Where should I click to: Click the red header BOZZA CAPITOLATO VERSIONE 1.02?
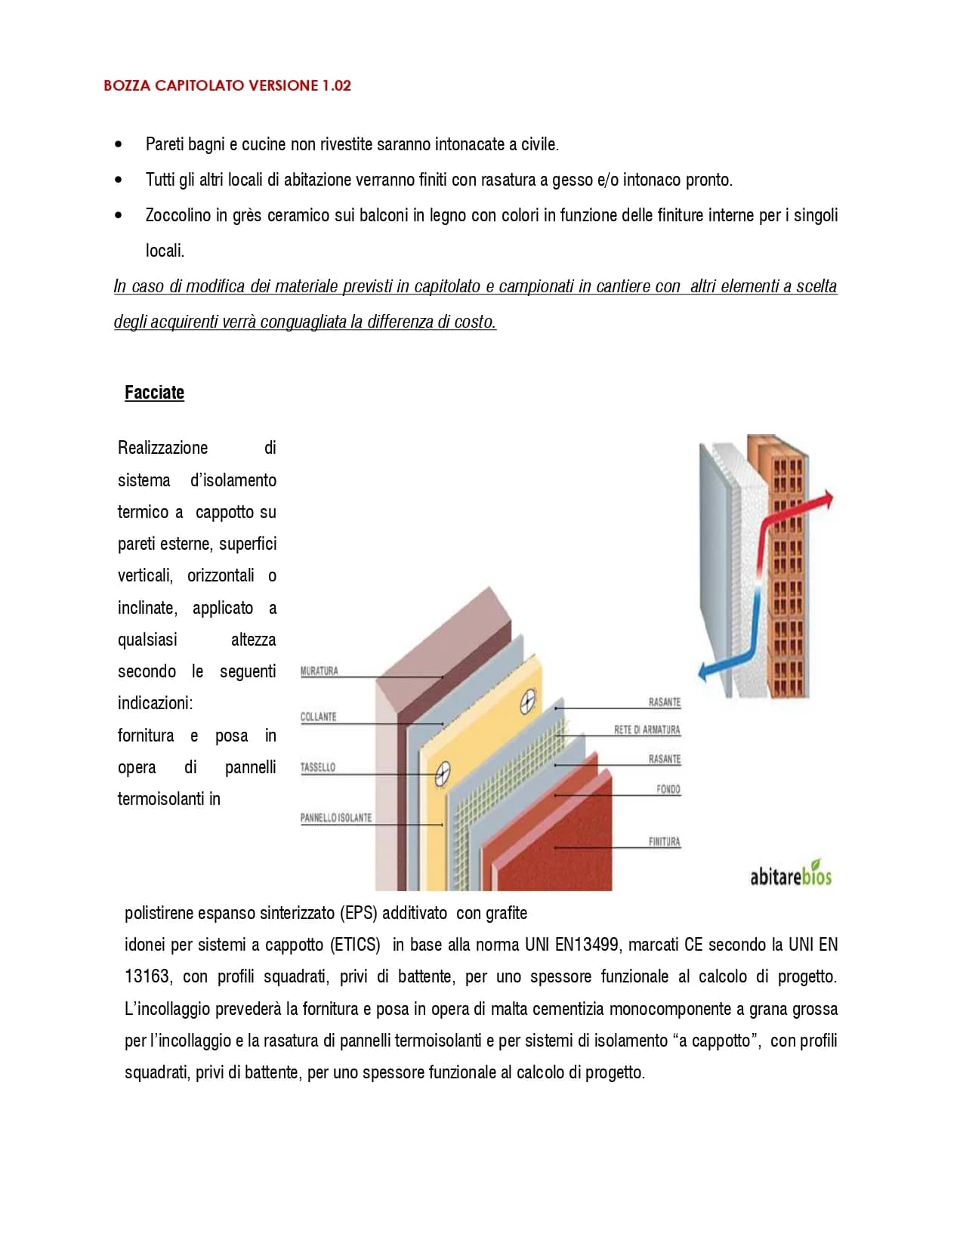(227, 85)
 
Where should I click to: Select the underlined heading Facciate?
(154, 393)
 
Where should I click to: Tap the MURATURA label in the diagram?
(319, 671)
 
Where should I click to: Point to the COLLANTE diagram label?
(318, 717)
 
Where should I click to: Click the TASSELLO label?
(318, 767)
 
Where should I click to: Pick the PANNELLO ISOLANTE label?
(336, 818)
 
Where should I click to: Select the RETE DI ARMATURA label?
(647, 730)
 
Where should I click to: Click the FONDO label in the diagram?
(668, 790)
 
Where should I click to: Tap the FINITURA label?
(664, 842)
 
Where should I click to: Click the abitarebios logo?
(790, 875)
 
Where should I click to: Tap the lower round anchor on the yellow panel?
(443, 772)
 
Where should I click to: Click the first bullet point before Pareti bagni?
(118, 144)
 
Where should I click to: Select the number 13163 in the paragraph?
(147, 976)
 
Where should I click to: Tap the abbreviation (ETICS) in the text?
(356, 945)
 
